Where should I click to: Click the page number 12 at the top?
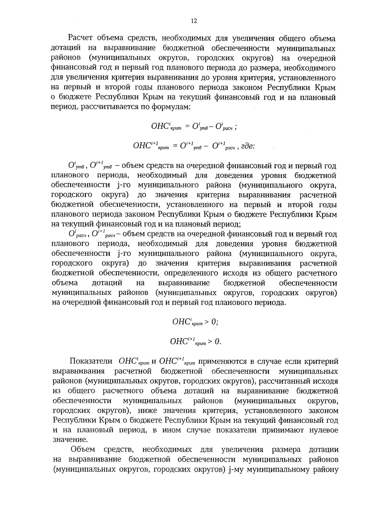pos(194,21)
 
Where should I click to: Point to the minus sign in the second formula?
pos(206,146)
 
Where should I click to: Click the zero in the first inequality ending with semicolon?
pos(214,322)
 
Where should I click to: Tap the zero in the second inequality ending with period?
pos(217,342)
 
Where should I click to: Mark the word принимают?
pos(285,430)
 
